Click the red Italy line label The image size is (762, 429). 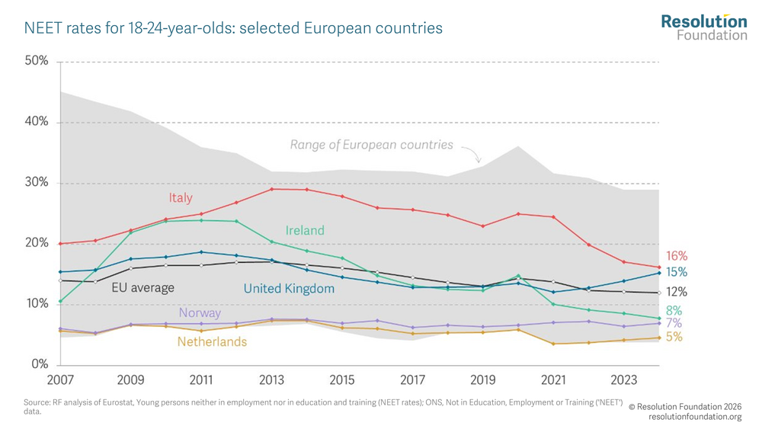click(181, 198)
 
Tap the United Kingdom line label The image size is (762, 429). click(289, 289)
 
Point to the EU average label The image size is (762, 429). click(142, 288)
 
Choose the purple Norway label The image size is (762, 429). click(200, 312)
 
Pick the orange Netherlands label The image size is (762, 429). click(212, 342)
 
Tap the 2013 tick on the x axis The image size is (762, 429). click(272, 379)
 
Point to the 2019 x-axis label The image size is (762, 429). click(483, 379)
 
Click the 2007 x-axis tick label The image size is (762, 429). click(60, 379)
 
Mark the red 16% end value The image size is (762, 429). click(677, 256)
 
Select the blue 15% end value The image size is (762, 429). click(677, 272)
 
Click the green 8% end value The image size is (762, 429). click(674, 311)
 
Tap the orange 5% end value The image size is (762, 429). click(674, 336)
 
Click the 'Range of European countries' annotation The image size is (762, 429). click(371, 145)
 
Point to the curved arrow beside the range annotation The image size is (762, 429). click(473, 154)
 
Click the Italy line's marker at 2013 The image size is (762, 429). click(272, 189)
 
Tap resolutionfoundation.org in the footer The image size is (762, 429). click(695, 417)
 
